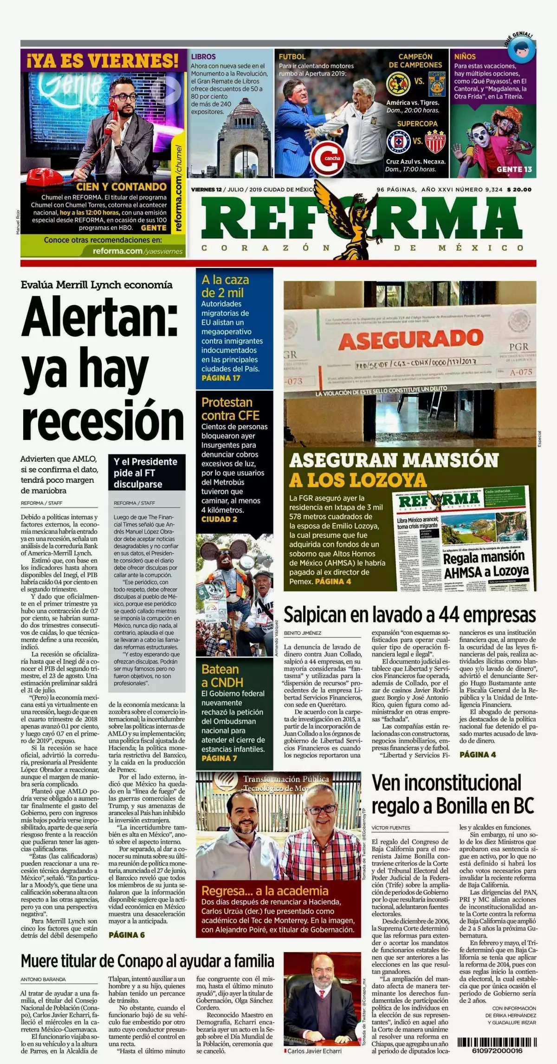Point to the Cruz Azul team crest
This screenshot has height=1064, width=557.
[398, 142]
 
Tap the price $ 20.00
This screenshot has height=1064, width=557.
[519, 189]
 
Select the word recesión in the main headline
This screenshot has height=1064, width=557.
[103, 420]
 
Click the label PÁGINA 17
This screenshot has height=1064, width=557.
[221, 378]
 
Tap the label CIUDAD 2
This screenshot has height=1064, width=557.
[219, 519]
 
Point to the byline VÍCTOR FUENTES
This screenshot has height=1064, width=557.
[391, 828]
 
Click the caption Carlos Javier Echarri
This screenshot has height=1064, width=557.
[314, 1051]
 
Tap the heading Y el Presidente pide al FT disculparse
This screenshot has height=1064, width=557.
[145, 473]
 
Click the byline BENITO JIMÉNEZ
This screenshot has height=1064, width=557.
[302, 633]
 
